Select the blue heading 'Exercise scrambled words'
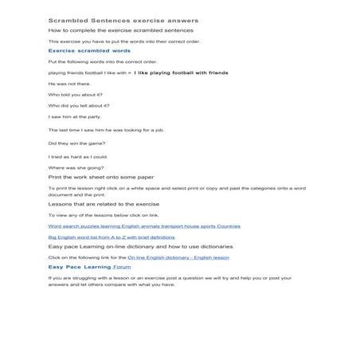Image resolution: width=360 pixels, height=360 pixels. [x=89, y=50]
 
